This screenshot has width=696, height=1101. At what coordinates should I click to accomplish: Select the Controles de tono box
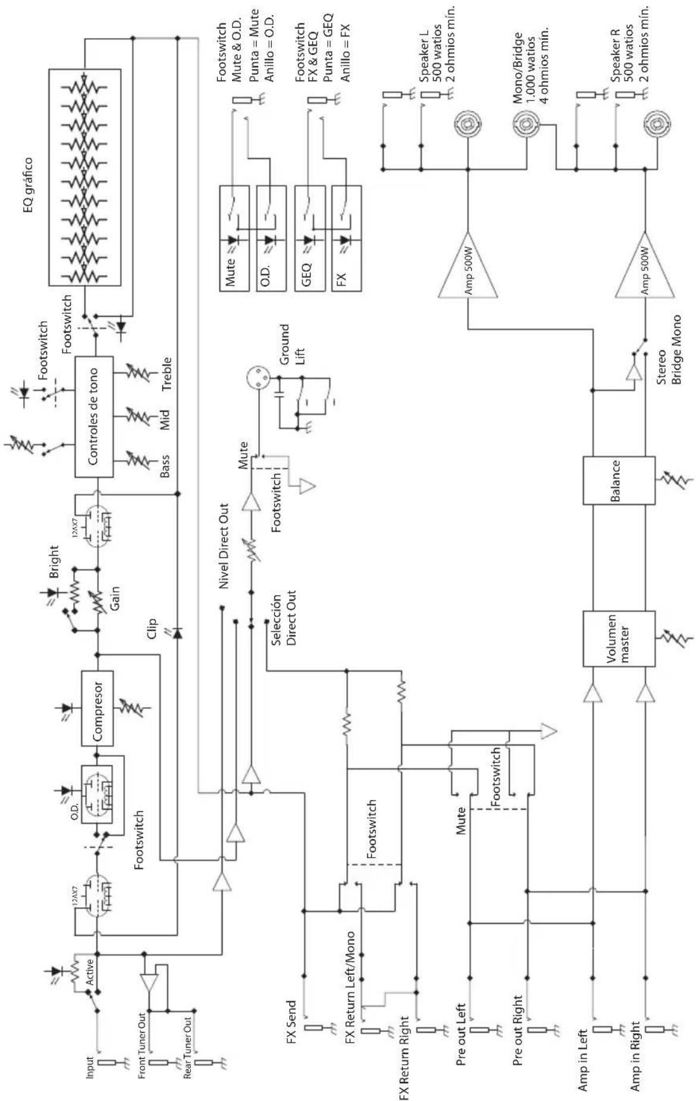click(94, 417)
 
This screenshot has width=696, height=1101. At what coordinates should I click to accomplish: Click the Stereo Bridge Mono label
click(670, 350)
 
